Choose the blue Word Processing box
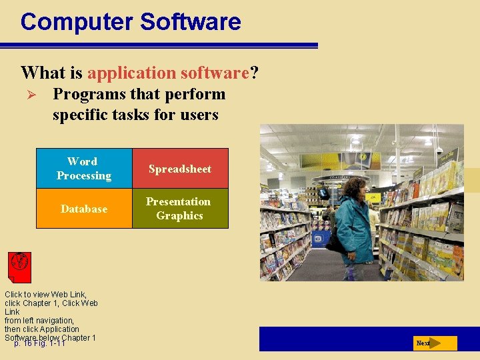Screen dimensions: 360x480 pyautogui.click(x=84, y=169)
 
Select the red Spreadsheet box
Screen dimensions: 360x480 pyautogui.click(x=180, y=169)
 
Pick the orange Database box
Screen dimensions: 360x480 pyautogui.click(x=84, y=209)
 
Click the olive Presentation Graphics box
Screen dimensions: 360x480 pyautogui.click(x=180, y=209)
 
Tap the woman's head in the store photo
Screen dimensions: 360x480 pyautogui.click(x=353, y=187)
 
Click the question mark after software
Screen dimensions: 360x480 pyautogui.click(x=254, y=72)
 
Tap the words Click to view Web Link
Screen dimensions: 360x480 pyautogui.click(x=45, y=294)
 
